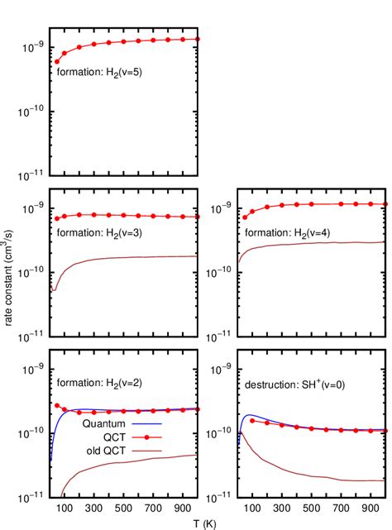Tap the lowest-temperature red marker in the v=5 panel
point(57,61)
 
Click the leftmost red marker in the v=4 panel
point(245,217)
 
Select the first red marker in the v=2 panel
point(57,406)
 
